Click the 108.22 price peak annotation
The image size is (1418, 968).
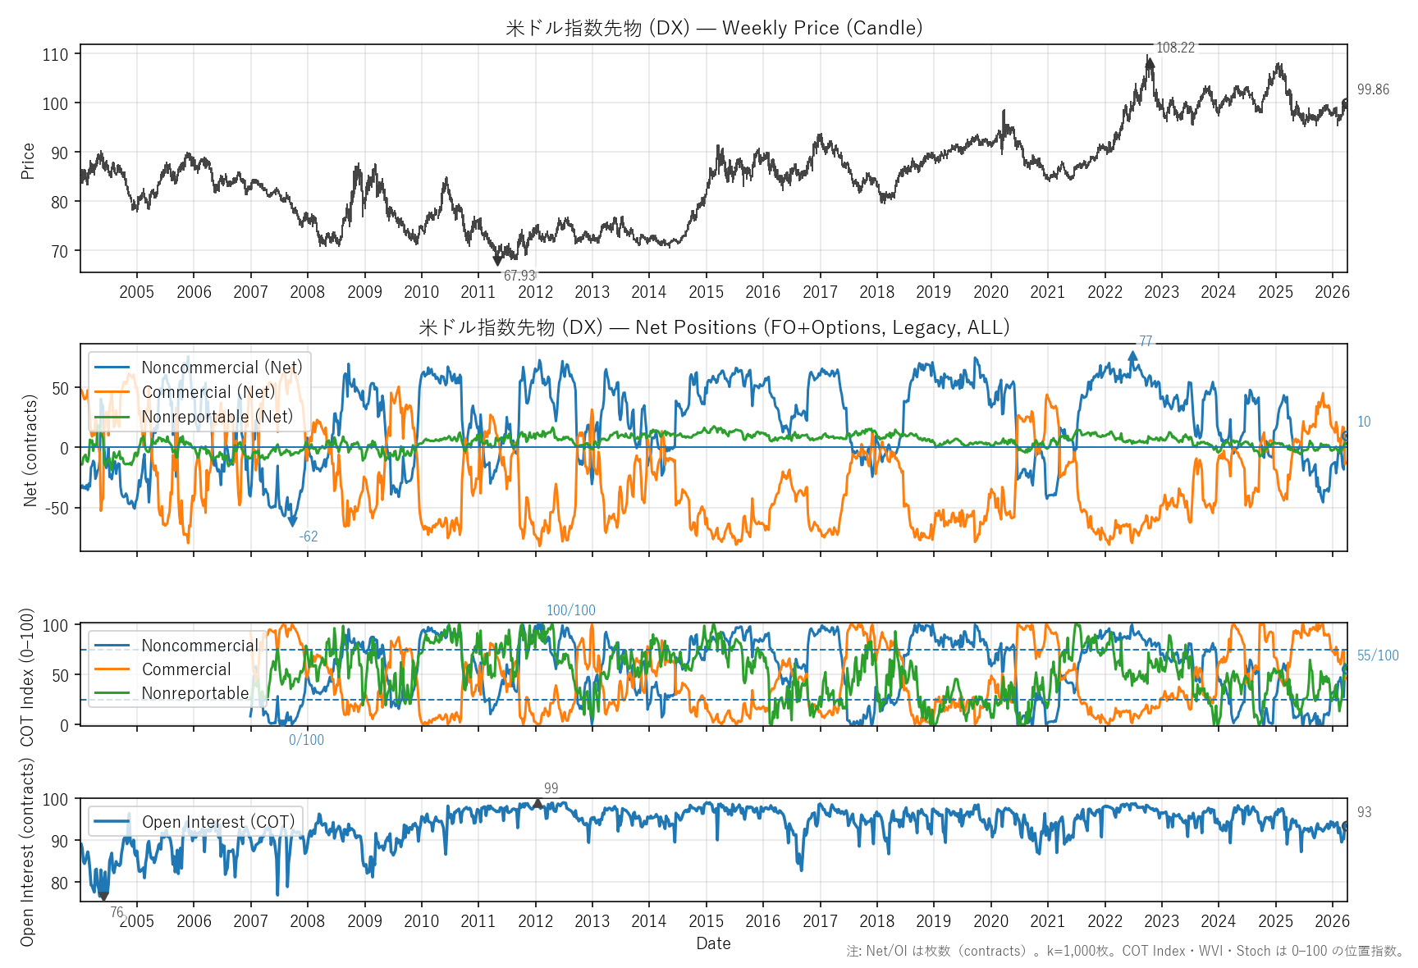(1174, 48)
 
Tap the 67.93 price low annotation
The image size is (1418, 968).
(519, 276)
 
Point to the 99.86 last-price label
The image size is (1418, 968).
(1373, 89)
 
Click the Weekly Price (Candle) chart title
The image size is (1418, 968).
(714, 28)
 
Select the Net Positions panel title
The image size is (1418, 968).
(714, 327)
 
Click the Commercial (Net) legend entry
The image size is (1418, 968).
(208, 392)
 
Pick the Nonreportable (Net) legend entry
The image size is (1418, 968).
(217, 417)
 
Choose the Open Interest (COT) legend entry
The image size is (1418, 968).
(217, 822)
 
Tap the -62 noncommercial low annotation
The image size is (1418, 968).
(309, 537)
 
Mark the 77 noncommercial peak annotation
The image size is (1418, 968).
(1146, 341)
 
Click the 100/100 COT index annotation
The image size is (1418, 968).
(571, 610)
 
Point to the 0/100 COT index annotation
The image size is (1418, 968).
(306, 740)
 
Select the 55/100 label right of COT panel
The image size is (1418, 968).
(1378, 655)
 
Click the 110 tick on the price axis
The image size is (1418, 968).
(56, 55)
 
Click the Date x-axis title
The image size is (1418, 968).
(713, 943)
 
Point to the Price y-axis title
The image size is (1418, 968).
(28, 161)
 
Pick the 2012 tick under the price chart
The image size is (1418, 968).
(535, 292)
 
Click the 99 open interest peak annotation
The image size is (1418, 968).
(551, 788)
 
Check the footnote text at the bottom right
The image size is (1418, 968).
(1125, 951)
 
